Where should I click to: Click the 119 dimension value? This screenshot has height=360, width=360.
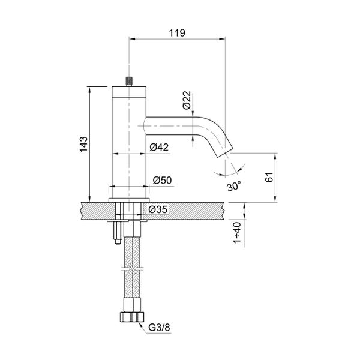tap(177, 33)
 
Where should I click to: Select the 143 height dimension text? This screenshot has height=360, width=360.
tap(83, 145)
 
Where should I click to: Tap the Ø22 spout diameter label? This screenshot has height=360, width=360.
tap(187, 100)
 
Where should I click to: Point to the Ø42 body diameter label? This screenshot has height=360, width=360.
tap(159, 147)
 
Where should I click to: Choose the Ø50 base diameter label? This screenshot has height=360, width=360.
tap(163, 180)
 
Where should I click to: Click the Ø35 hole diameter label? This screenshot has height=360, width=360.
tap(158, 209)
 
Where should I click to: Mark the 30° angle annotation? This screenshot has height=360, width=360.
tap(234, 186)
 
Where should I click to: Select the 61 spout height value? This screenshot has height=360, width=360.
tap(269, 177)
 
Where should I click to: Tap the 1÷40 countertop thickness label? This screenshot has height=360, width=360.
tap(237, 233)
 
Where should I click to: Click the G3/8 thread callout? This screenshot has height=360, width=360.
tap(159, 328)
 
